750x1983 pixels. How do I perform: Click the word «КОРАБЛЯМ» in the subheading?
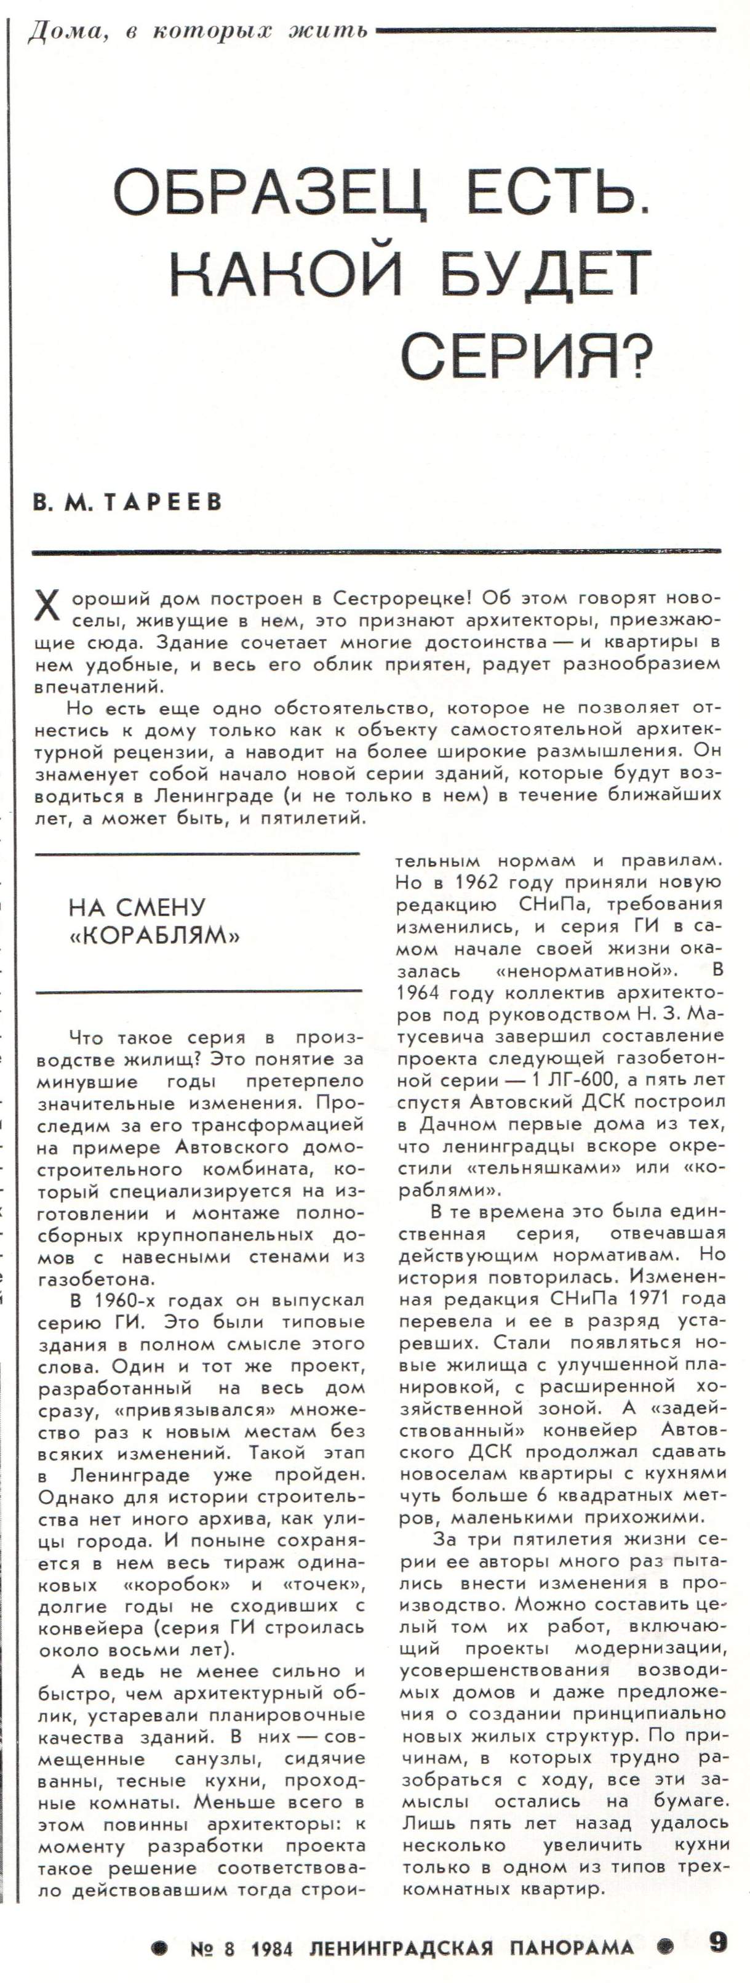click(x=154, y=935)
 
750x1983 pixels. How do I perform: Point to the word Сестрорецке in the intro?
click(x=396, y=598)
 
